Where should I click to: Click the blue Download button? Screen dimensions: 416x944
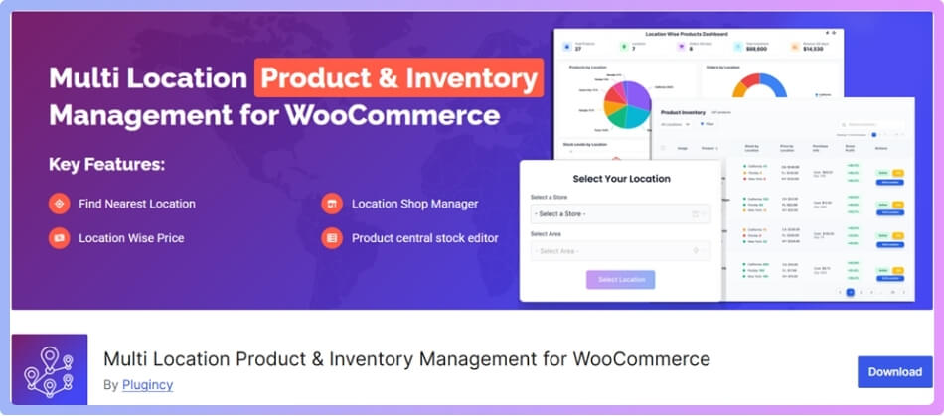(894, 372)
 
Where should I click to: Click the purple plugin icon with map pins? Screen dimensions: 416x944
(50, 369)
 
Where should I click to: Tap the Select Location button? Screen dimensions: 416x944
(620, 280)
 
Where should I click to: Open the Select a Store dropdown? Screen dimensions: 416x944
(620, 213)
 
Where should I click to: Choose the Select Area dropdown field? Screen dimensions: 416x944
(620, 251)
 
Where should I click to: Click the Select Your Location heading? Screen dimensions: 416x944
(621, 179)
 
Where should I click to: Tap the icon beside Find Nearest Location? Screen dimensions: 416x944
(60, 204)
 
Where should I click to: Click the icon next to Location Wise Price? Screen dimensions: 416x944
(60, 238)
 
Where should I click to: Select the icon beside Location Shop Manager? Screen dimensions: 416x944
(332, 204)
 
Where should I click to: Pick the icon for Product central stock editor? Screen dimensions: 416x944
(332, 238)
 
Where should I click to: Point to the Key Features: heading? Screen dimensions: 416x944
(107, 164)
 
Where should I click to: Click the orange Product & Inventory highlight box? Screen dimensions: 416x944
(398, 78)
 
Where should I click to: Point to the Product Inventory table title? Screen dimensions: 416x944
(683, 113)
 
